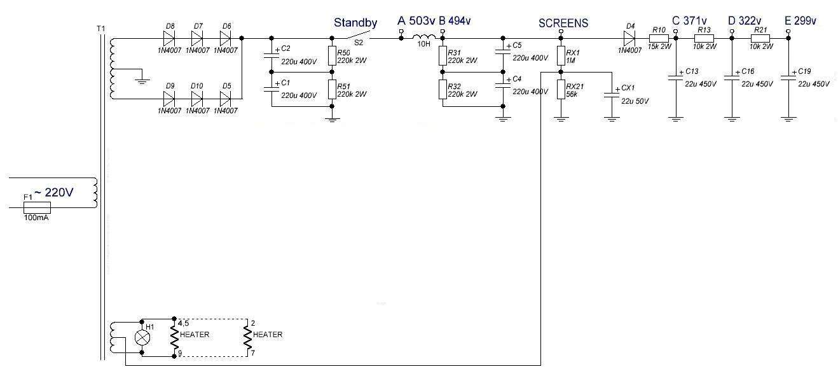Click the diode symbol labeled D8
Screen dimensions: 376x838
pos(169,38)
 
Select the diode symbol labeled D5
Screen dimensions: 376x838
pos(225,99)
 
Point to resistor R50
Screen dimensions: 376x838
pos(331,56)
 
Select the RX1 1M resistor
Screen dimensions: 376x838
pos(560,56)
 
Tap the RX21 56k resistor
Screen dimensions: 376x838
pos(560,89)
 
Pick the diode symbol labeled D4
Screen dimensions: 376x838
pos(630,38)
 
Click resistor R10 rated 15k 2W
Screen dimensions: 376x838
pos(659,38)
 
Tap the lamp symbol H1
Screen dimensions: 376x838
pos(142,337)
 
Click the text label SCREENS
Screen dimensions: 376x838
pos(563,23)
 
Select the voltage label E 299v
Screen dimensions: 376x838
pos(800,21)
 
